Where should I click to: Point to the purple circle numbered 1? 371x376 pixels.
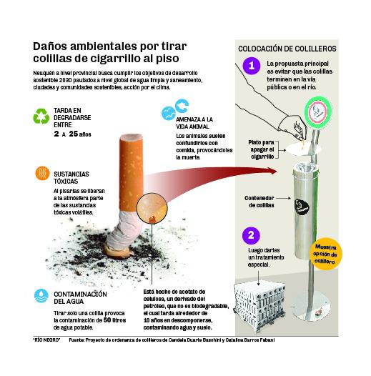pos(249,66)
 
